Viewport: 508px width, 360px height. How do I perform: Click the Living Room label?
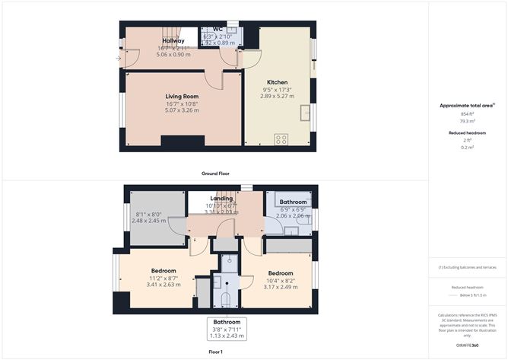(182, 97)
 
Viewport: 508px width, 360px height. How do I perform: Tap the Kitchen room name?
(276, 81)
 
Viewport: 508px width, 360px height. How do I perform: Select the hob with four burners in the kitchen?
(281, 139)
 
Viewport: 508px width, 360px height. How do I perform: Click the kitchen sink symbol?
(306, 114)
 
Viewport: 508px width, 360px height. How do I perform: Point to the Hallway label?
(173, 40)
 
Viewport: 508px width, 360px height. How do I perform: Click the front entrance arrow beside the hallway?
(118, 58)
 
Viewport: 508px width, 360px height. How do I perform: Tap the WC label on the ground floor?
(217, 30)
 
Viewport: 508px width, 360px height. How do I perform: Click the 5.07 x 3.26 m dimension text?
(182, 110)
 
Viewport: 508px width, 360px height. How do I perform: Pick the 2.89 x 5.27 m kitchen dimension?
(276, 96)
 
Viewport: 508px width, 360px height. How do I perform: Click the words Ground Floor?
(215, 174)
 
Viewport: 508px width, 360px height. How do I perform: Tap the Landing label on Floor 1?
(221, 199)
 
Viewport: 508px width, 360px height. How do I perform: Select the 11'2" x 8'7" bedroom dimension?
(164, 278)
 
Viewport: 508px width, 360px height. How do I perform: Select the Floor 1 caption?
(215, 352)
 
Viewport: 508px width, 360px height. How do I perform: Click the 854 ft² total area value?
(467, 113)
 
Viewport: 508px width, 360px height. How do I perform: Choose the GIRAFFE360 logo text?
(467, 346)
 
